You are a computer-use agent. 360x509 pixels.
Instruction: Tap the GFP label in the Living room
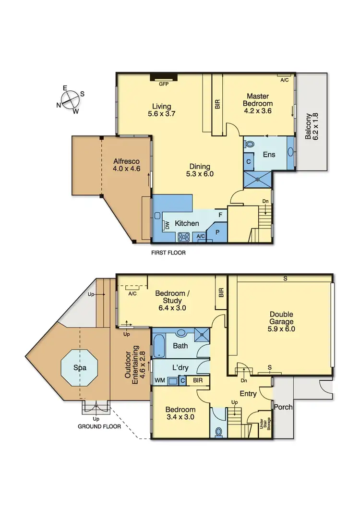point(164,84)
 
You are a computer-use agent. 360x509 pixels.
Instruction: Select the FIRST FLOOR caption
point(168,252)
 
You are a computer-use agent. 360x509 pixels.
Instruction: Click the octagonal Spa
point(79,368)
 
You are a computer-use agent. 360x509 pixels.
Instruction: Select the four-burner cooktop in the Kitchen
point(183,237)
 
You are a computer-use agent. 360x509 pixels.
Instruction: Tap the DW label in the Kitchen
point(167,225)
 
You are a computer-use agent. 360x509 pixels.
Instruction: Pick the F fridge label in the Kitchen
point(220,215)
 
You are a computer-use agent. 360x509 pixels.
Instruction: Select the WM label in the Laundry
point(159,381)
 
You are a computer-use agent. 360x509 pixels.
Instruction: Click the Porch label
point(283,407)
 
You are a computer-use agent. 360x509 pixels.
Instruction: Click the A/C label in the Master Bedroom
point(284,80)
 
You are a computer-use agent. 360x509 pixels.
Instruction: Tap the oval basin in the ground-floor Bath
point(181,332)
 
